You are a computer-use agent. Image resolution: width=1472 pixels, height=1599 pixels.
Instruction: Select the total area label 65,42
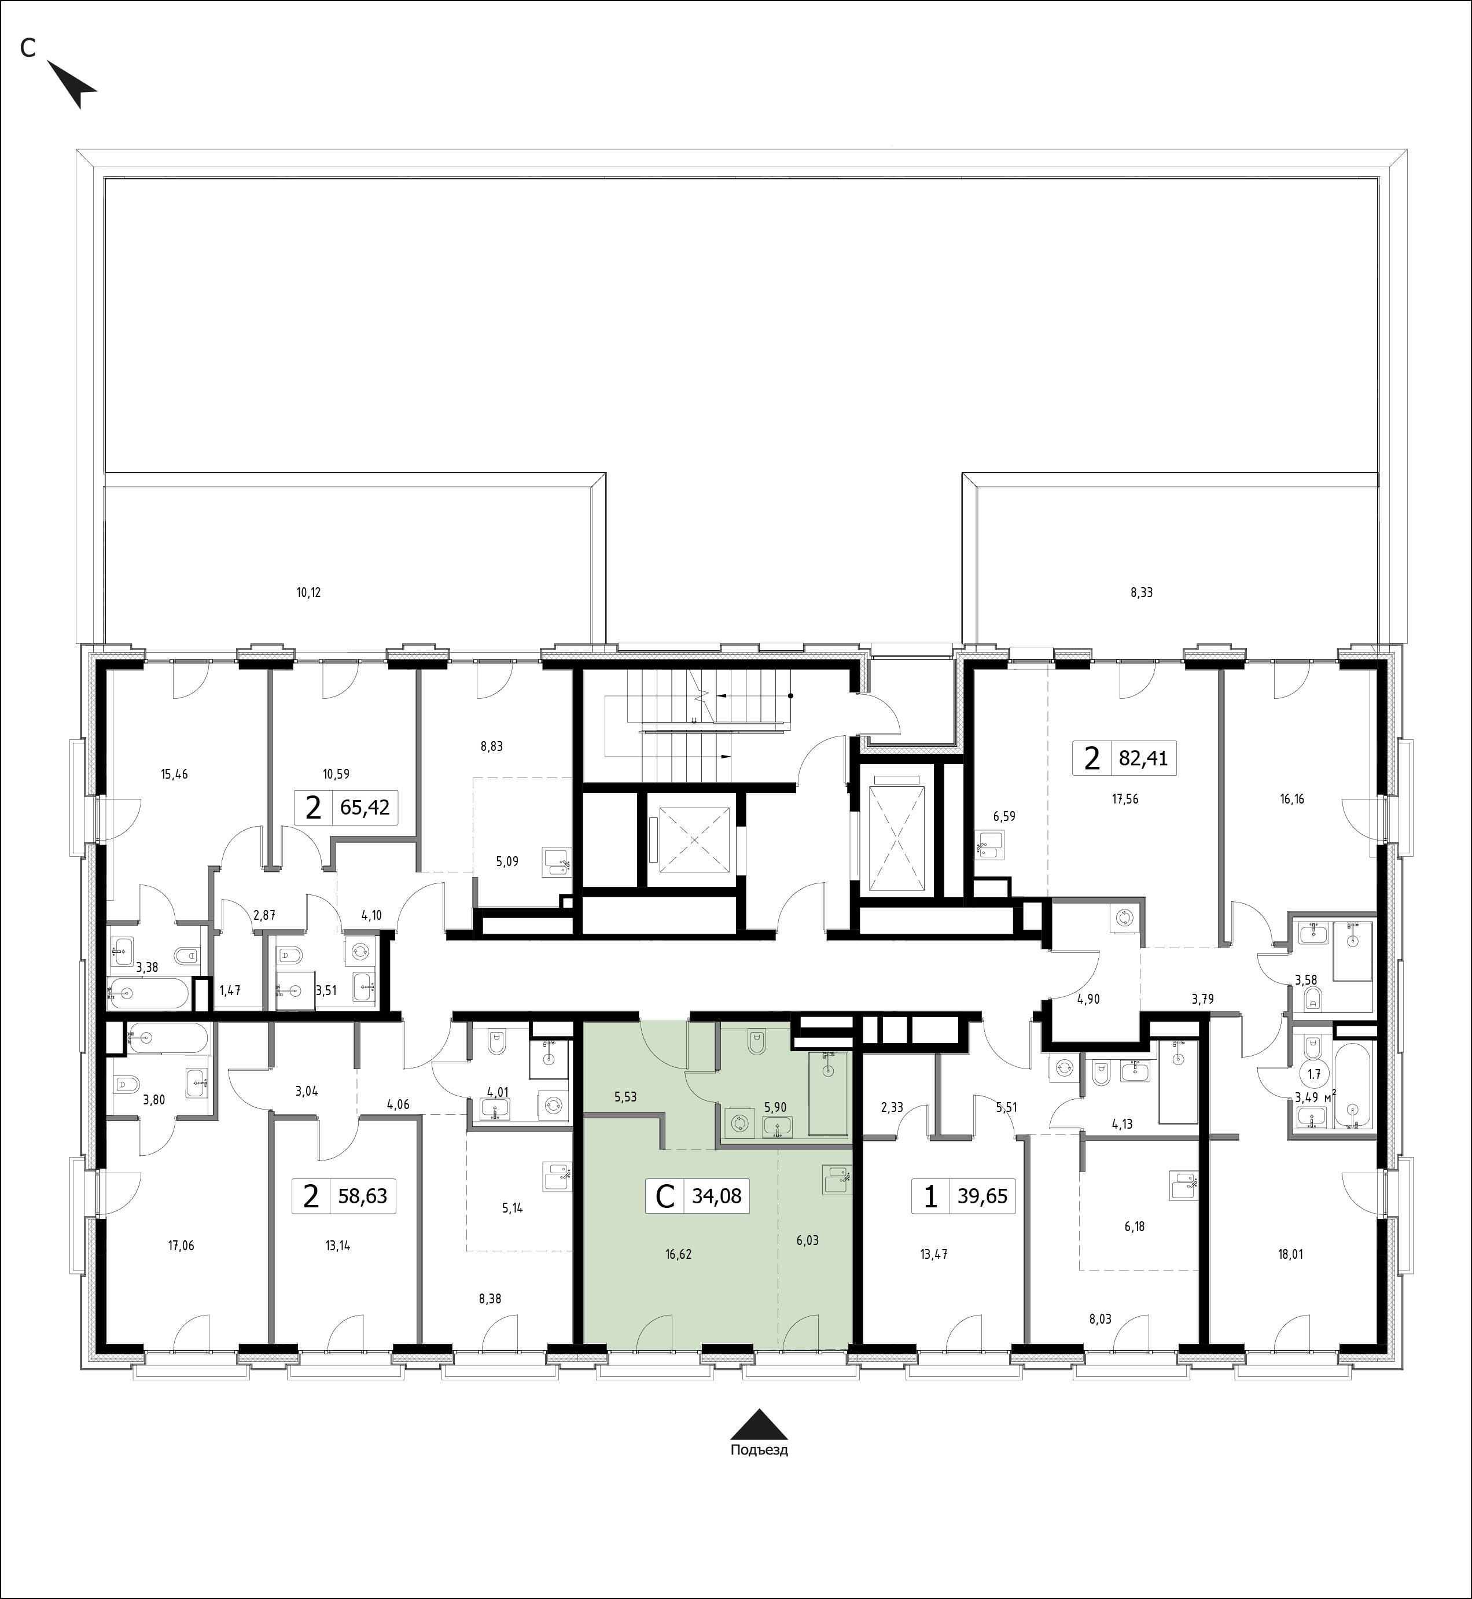coord(365,808)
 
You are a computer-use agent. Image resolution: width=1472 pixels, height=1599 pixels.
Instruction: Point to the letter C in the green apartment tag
coord(664,1196)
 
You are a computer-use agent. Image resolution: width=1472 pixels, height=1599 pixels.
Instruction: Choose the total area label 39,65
coord(983,1196)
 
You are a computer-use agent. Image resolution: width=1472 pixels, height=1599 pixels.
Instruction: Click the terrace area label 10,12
coord(308,592)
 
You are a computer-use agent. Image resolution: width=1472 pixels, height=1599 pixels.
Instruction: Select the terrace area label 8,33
coord(1142,592)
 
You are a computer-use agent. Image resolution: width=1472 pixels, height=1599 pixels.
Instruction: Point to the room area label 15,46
coord(174,773)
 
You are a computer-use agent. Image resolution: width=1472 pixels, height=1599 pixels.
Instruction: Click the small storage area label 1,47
coord(229,992)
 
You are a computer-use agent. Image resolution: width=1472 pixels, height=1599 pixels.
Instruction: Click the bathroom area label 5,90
coord(775,1107)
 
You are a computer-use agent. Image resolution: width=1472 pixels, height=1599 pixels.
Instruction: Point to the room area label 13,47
coord(933,1254)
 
